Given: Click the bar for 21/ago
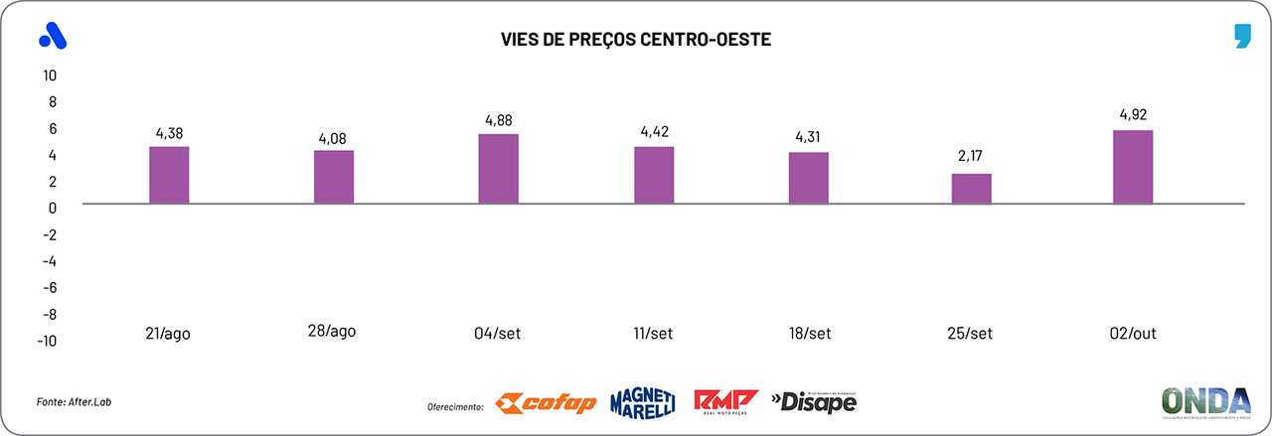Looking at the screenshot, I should coord(169,175).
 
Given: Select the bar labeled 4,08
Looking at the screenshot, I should coord(334,177).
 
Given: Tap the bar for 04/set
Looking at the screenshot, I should coord(499,169).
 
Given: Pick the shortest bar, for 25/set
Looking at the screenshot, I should coord(972,189).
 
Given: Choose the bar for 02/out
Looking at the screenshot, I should coord(1133,167).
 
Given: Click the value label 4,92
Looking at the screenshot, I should coord(1133,115).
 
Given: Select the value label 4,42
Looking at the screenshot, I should coord(654,131).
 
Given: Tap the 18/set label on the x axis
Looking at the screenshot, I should coord(809,334).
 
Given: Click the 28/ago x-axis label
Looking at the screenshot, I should coord(332,332).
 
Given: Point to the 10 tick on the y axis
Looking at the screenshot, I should coord(50,75).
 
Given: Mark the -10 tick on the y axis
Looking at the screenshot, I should coord(46,341).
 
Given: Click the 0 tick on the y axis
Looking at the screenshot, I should coord(53,208).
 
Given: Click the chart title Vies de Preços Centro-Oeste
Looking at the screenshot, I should coord(636,40).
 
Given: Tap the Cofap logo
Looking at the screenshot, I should coord(546,402).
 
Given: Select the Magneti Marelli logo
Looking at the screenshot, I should coord(643,401).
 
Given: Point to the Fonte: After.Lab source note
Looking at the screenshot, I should coord(69,401).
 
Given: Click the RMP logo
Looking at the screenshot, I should coord(725,401).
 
